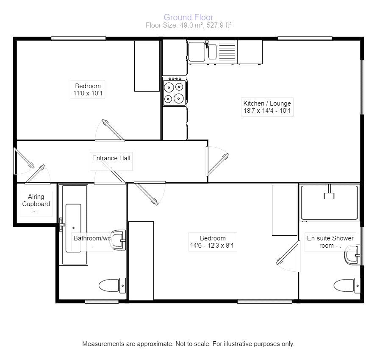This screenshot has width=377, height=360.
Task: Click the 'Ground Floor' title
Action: click(188, 17)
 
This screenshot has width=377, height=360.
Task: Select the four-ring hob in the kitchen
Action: click(175, 92)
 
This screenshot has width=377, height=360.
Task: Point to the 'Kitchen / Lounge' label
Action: click(267, 103)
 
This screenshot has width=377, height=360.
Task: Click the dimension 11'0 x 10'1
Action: click(88, 94)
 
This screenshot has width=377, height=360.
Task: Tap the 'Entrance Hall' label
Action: click(111, 158)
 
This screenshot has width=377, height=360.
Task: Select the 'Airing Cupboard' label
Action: click(36, 200)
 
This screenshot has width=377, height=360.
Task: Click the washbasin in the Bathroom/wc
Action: click(119, 240)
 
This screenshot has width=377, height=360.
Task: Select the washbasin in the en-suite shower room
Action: click(352, 255)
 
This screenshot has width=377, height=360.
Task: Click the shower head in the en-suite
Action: click(329, 195)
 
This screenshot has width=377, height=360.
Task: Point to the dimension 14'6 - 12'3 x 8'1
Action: click(213, 246)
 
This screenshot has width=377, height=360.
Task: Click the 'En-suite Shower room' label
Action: click(330, 242)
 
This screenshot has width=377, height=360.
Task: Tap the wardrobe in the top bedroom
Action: click(147, 66)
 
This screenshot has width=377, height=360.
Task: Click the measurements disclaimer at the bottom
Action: click(188, 344)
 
